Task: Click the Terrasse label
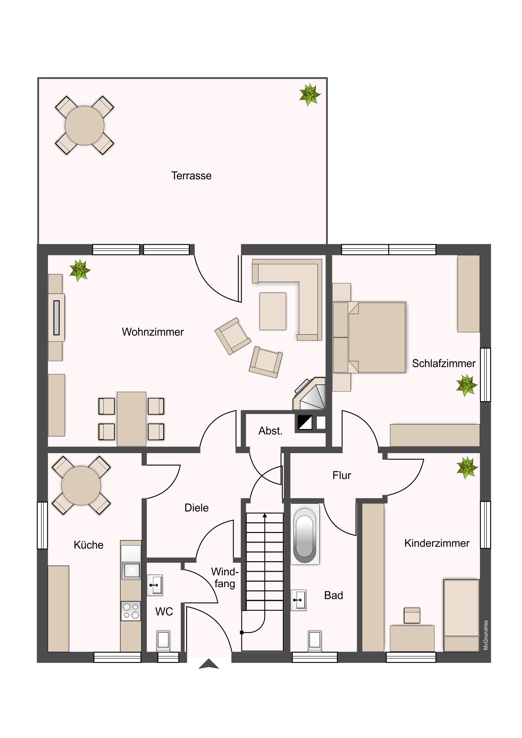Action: (x=191, y=176)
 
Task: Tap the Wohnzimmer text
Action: (x=153, y=332)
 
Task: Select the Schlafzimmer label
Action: (x=444, y=363)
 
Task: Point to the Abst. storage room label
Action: (x=271, y=431)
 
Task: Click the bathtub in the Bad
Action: (x=305, y=534)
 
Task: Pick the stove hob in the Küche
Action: (x=131, y=611)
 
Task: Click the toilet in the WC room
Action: (x=163, y=641)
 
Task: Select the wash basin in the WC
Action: (x=155, y=585)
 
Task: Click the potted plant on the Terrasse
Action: (x=310, y=95)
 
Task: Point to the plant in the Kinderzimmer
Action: (x=467, y=468)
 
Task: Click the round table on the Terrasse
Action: (x=84, y=125)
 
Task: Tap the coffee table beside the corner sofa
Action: (x=273, y=311)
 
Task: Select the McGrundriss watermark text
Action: (x=486, y=635)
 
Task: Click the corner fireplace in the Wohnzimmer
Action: (x=309, y=393)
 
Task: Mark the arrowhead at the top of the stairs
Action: (x=265, y=515)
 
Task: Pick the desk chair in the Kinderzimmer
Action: (x=412, y=615)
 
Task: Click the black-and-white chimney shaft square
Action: (x=305, y=423)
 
